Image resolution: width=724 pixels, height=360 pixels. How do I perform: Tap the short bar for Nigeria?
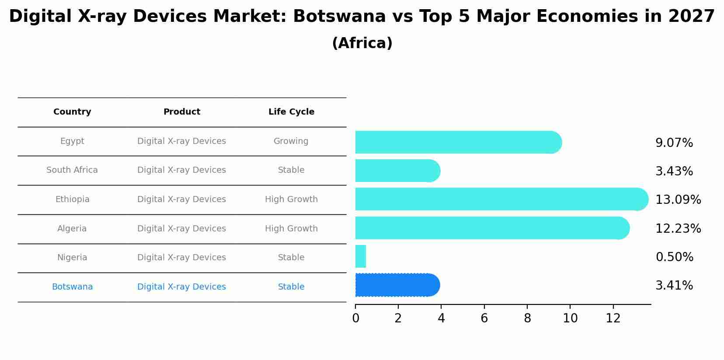tap(361, 256)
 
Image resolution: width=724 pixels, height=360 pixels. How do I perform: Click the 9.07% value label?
tap(674, 143)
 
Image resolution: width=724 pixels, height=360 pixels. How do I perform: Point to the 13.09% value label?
tap(678, 200)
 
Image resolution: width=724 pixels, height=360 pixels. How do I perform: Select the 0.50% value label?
tap(674, 257)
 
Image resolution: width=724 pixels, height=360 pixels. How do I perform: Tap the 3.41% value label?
tap(674, 286)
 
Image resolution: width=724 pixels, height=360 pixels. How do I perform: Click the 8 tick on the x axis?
tap(527, 318)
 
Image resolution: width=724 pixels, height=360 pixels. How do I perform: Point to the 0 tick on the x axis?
tap(355, 318)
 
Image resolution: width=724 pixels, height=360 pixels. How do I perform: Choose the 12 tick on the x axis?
tap(613, 318)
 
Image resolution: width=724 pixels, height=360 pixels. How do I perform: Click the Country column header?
tap(72, 112)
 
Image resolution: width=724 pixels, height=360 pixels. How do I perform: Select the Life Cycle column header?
tap(291, 112)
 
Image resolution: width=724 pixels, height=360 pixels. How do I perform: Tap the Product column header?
tap(181, 112)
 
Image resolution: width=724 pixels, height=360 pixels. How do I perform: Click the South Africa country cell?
tap(72, 170)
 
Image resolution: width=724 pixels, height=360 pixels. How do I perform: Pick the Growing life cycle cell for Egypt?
tap(291, 141)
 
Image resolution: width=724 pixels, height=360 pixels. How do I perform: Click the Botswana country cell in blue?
tap(72, 287)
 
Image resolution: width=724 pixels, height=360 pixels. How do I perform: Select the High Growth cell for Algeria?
tap(291, 229)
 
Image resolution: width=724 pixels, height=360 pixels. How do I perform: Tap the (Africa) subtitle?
tap(362, 43)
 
